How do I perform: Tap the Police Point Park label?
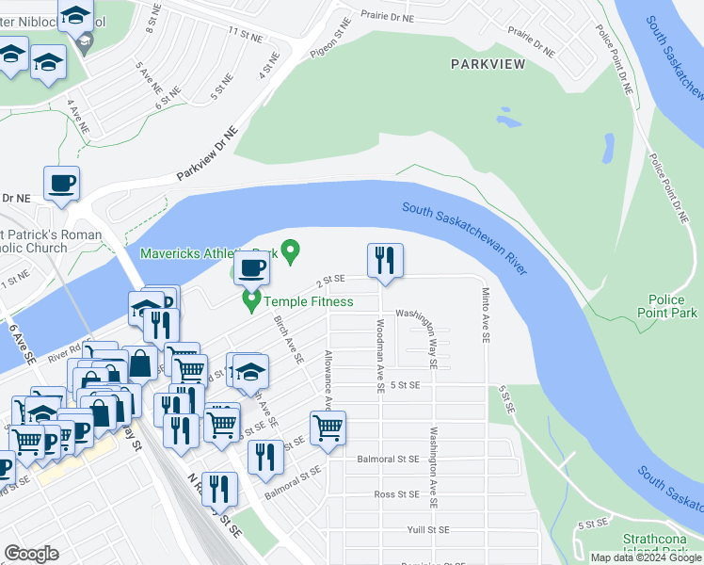click(672, 305)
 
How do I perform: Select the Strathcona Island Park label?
click(658, 546)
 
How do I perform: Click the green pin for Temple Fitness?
click(251, 301)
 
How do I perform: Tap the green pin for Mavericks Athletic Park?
click(291, 251)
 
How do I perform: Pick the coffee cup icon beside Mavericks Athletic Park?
click(251, 269)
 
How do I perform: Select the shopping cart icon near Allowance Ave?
click(328, 428)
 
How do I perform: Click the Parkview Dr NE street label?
click(207, 154)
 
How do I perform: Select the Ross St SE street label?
click(396, 493)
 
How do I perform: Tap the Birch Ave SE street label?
click(288, 339)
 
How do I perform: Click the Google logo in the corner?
click(31, 554)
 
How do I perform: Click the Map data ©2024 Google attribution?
click(646, 557)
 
